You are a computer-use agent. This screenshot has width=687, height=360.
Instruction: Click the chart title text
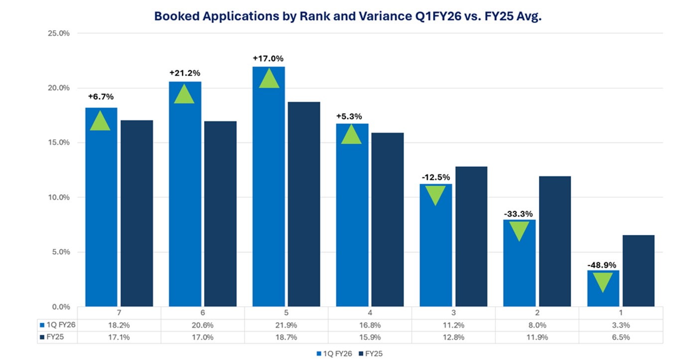coord(347,16)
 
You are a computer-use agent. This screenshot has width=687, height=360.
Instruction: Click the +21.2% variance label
coord(185,73)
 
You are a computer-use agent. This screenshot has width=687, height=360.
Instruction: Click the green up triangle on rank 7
coord(100,121)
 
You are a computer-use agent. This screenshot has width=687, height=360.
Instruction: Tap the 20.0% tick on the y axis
coord(59,88)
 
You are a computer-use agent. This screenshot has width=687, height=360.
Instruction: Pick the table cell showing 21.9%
coord(286,325)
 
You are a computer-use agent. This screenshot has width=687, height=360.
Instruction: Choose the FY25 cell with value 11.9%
coord(537,337)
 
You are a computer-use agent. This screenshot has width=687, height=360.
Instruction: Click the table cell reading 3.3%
coord(620,325)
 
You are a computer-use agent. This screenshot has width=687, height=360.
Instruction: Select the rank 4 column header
coord(370,313)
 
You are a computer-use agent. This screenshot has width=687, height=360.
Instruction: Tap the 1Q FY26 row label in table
coord(59,325)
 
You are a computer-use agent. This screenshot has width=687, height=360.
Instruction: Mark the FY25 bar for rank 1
coord(638,271)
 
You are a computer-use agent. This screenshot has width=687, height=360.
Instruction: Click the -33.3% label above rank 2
coord(519,214)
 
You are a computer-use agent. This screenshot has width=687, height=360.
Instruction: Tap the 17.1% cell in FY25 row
coord(120,337)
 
